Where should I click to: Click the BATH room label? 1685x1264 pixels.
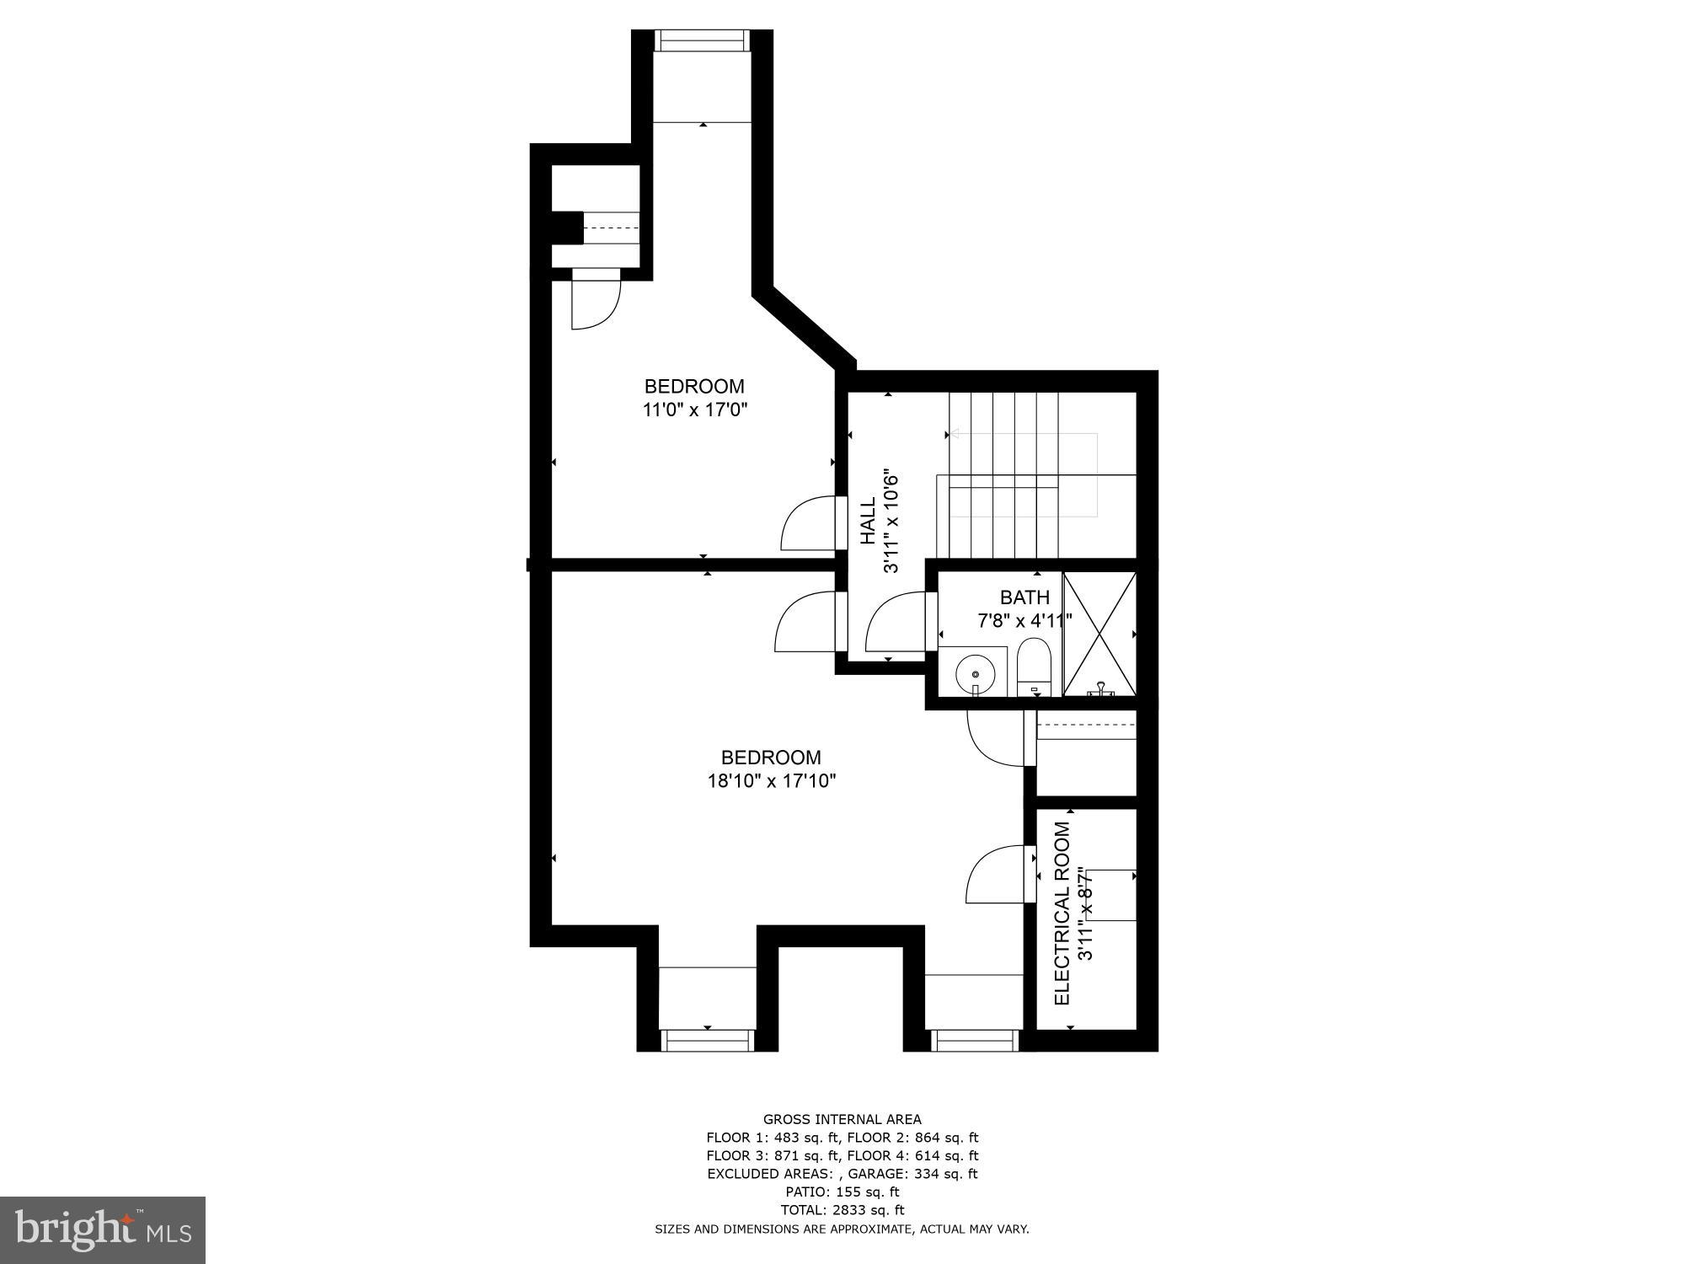(x=1024, y=597)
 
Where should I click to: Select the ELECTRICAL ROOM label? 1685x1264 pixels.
(x=1062, y=913)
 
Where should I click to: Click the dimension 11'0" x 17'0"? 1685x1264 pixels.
(x=695, y=410)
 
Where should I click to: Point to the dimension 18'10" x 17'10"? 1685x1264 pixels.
(x=771, y=781)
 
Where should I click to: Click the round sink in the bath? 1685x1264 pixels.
(x=975, y=674)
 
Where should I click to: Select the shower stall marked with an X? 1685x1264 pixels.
(x=1099, y=633)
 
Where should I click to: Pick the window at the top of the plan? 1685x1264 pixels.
(x=702, y=40)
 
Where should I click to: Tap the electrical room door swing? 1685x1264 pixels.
(x=999, y=876)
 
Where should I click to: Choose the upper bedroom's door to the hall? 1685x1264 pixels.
(x=810, y=524)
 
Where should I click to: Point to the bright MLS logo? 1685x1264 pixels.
(x=103, y=1230)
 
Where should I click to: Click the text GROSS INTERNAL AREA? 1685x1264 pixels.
(x=842, y=1120)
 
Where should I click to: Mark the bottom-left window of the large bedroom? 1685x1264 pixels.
(x=707, y=1041)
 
